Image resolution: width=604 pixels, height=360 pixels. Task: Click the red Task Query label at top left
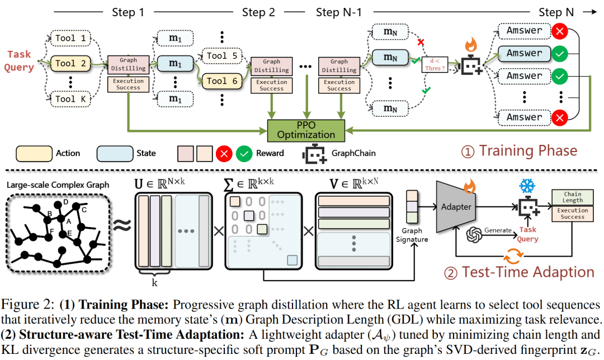click(20, 61)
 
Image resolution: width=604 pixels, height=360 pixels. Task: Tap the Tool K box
click(73, 99)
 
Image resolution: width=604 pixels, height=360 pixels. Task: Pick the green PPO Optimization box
click(306, 130)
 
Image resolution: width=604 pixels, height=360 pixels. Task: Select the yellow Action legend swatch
click(32, 153)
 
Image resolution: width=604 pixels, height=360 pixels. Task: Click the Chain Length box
click(572, 197)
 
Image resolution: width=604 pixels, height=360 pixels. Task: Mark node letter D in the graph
click(66, 201)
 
